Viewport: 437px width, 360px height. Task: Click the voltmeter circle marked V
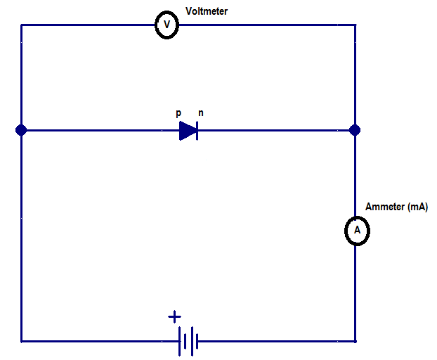pyautogui.click(x=167, y=25)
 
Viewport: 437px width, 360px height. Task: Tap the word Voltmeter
pyautogui.click(x=207, y=11)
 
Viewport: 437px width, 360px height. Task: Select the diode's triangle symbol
pyautogui.click(x=188, y=130)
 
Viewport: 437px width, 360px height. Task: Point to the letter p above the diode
pyautogui.click(x=179, y=112)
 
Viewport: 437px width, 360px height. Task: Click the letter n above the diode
pyautogui.click(x=201, y=112)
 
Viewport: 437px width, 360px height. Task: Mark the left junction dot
pyautogui.click(x=21, y=130)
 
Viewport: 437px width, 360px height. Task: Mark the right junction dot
pyautogui.click(x=355, y=130)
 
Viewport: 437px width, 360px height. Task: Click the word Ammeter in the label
pyautogui.click(x=384, y=207)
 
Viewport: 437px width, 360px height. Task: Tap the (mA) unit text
pyautogui.click(x=417, y=207)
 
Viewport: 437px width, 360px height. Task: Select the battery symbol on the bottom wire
pyautogui.click(x=187, y=342)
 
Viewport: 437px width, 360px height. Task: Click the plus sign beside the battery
pyautogui.click(x=175, y=317)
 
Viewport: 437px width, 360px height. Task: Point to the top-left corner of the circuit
pyautogui.click(x=21, y=25)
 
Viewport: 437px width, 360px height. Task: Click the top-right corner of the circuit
pyautogui.click(x=355, y=25)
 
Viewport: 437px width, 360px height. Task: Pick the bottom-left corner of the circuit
pyautogui.click(x=21, y=342)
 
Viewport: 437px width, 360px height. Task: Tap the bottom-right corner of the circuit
pyautogui.click(x=355, y=342)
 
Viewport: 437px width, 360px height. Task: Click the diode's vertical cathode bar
pyautogui.click(x=197, y=130)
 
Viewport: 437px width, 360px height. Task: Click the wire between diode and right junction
pyautogui.click(x=274, y=130)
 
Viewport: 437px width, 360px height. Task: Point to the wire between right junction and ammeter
pyautogui.click(x=355, y=176)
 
